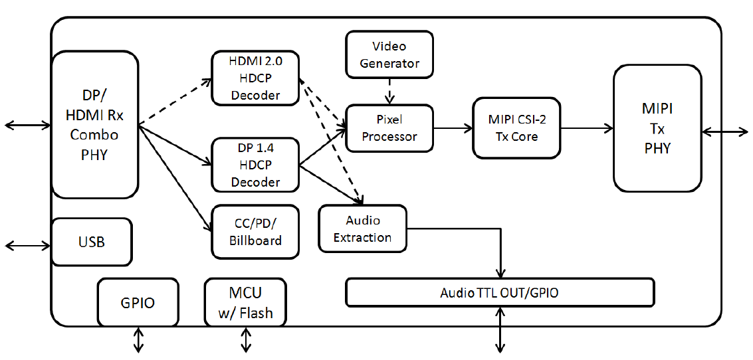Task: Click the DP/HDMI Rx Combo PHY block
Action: pyautogui.click(x=94, y=125)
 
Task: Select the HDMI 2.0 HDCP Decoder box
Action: pyautogui.click(x=255, y=78)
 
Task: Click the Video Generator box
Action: pyautogui.click(x=389, y=54)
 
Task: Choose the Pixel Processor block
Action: pyautogui.click(x=389, y=128)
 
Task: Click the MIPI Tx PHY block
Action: pyautogui.click(x=657, y=128)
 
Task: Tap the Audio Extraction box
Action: pyautogui.click(x=363, y=229)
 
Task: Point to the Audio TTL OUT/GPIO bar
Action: pyautogui.click(x=500, y=292)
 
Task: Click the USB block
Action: pyautogui.click(x=91, y=242)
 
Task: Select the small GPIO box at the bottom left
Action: pyautogui.click(x=138, y=303)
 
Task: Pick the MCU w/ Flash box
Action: pyautogui.click(x=245, y=303)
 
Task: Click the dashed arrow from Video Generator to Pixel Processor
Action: pyautogui.click(x=389, y=91)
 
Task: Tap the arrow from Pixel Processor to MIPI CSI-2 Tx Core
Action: pyautogui.click(x=453, y=128)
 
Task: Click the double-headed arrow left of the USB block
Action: pyautogui.click(x=28, y=246)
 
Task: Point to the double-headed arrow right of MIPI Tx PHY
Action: pyautogui.click(x=724, y=131)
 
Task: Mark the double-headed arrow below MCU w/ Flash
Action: pyautogui.click(x=246, y=340)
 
